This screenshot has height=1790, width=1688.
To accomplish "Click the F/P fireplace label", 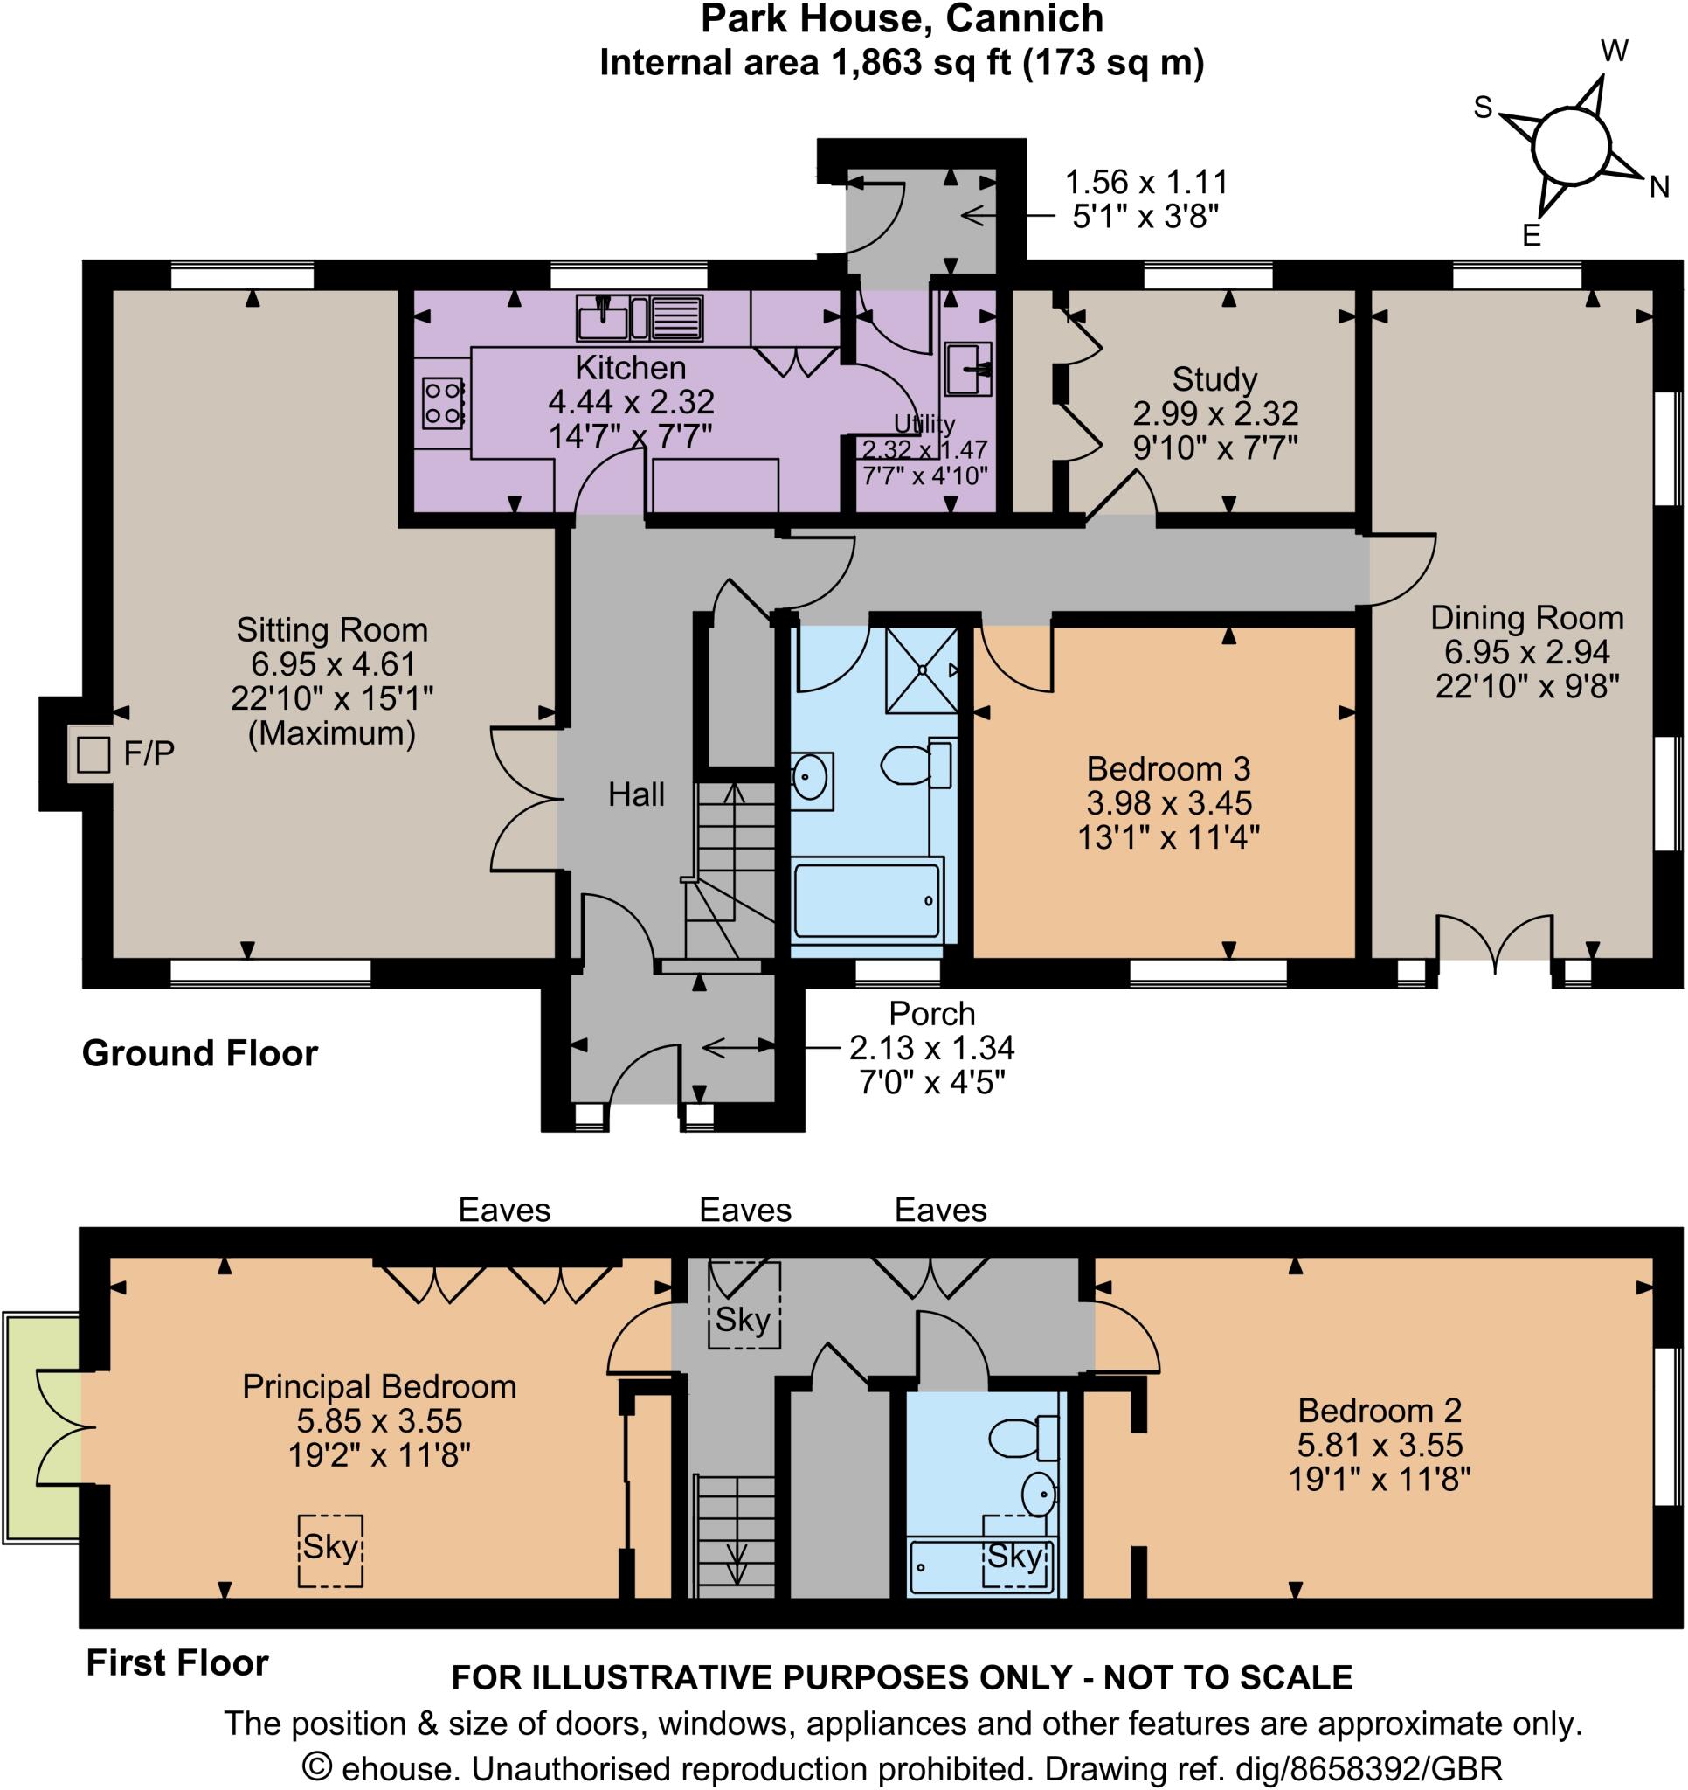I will [149, 753].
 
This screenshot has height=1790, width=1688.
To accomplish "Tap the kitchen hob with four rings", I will [443, 402].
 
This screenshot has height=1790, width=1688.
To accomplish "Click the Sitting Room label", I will [331, 629].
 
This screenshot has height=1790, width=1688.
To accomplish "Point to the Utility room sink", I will [969, 368].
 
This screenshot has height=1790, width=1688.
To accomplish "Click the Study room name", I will [1214, 378].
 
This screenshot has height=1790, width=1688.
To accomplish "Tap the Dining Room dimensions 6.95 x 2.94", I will [1527, 651].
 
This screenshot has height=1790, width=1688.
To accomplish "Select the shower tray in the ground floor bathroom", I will [921, 670].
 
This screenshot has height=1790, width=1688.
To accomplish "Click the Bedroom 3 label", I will [1167, 768].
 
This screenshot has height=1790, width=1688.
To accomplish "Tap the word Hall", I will [635, 794].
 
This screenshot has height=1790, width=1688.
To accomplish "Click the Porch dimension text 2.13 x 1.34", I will [931, 1047].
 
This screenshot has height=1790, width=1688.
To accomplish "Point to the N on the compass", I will [1658, 186].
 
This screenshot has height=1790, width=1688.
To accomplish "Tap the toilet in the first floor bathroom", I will [1022, 1438].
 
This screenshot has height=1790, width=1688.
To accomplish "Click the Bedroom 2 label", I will [1379, 1409].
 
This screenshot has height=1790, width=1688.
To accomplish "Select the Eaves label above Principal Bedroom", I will [504, 1210].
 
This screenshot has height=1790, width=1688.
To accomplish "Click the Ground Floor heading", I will [200, 1052].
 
